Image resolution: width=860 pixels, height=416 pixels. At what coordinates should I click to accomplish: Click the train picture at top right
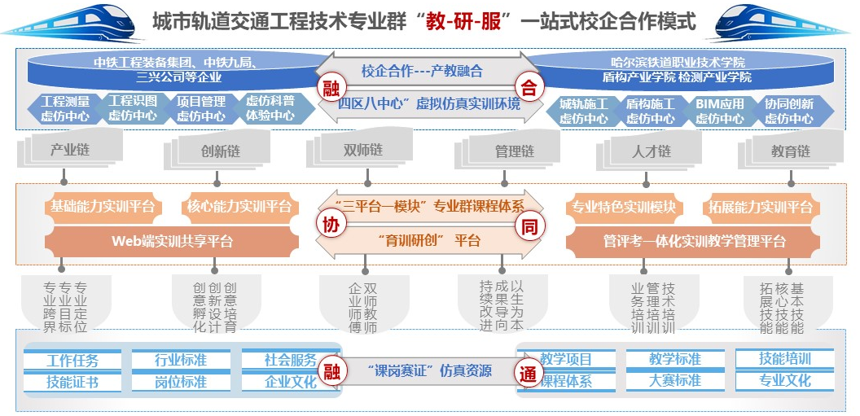pos(785,22)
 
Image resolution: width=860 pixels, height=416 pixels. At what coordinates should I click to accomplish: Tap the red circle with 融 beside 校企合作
pos(329,87)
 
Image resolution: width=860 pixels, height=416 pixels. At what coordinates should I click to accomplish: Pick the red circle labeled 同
pos(529,226)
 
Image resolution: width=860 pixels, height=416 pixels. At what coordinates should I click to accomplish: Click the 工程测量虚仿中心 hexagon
pos(65,109)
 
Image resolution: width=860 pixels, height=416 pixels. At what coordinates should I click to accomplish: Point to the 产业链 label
pos(70,151)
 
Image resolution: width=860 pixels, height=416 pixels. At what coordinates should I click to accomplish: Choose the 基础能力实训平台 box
pos(103,207)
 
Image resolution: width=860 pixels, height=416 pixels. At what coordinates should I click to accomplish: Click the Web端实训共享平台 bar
pos(172,241)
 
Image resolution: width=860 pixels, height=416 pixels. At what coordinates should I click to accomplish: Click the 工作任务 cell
pos(72,361)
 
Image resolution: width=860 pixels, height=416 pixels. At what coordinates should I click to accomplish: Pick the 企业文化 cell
pos(291,382)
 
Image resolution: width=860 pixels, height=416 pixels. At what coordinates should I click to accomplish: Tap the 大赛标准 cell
pos(675,380)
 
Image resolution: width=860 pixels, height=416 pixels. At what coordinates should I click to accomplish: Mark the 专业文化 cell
pos(784,380)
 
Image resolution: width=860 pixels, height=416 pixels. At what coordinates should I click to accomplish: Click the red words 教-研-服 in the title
pos(467,22)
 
